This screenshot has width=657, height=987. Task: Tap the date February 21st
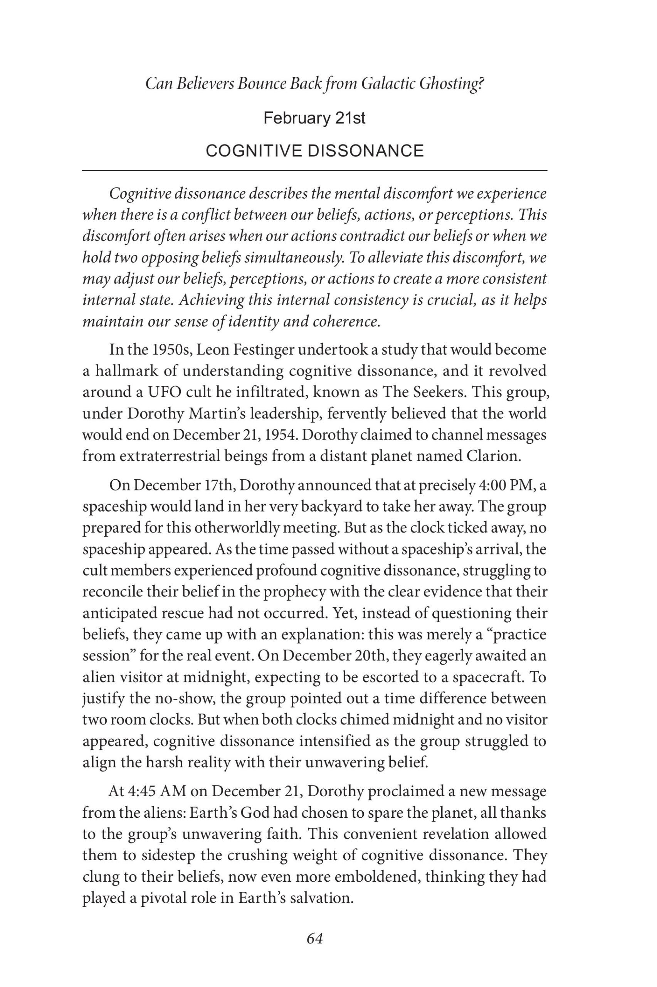314,118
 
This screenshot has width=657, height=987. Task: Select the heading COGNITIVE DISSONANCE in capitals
315,151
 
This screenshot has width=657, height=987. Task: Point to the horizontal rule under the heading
314,170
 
